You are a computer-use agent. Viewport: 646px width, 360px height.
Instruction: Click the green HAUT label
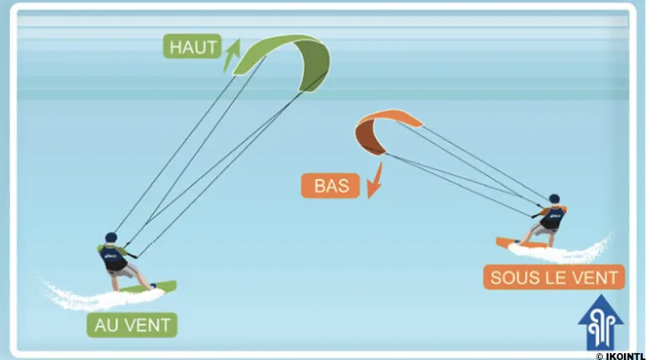[192, 47]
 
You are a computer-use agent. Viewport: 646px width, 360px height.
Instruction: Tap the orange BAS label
[331, 185]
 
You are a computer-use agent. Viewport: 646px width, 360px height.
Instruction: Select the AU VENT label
[133, 324]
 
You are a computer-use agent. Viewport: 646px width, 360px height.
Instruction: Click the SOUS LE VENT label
[553, 277]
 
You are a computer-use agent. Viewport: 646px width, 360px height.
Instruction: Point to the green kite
[286, 57]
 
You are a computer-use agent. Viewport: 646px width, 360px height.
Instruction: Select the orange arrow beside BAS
[373, 182]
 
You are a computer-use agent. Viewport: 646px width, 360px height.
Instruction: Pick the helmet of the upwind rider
[111, 239]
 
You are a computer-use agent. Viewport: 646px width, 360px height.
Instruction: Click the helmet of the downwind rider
[554, 199]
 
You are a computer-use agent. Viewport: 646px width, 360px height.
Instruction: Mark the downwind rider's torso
[553, 217]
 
